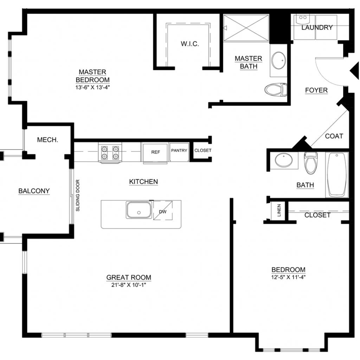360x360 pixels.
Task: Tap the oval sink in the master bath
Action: coord(279,60)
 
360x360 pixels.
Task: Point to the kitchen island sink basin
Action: coord(139,210)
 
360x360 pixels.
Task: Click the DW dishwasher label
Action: coord(162,212)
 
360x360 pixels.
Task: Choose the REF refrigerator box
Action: coord(155,153)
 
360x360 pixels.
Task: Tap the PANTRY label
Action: coord(179,150)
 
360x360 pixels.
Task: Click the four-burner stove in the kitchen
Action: coord(110,153)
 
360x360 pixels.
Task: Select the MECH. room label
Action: coord(47,140)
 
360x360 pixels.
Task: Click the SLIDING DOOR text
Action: coord(78,195)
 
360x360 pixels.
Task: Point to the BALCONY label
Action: coord(34,191)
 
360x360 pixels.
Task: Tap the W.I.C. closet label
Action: coord(190,44)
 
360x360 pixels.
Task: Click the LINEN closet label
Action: coord(279,210)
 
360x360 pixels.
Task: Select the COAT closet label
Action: coord(334,136)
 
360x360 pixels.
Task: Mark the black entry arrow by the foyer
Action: coord(354,71)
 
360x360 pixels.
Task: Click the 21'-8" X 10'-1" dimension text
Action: coord(129,285)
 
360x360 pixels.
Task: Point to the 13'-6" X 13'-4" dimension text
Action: coord(92,88)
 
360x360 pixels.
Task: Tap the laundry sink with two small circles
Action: coord(303,19)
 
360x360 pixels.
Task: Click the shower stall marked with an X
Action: coord(246,28)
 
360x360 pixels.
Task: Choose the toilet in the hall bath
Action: coord(311,163)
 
